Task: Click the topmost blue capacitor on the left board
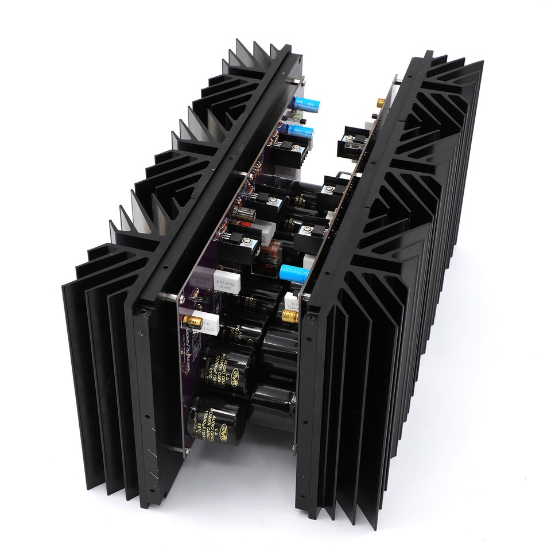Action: point(301,104)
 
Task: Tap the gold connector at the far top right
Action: point(381,103)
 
